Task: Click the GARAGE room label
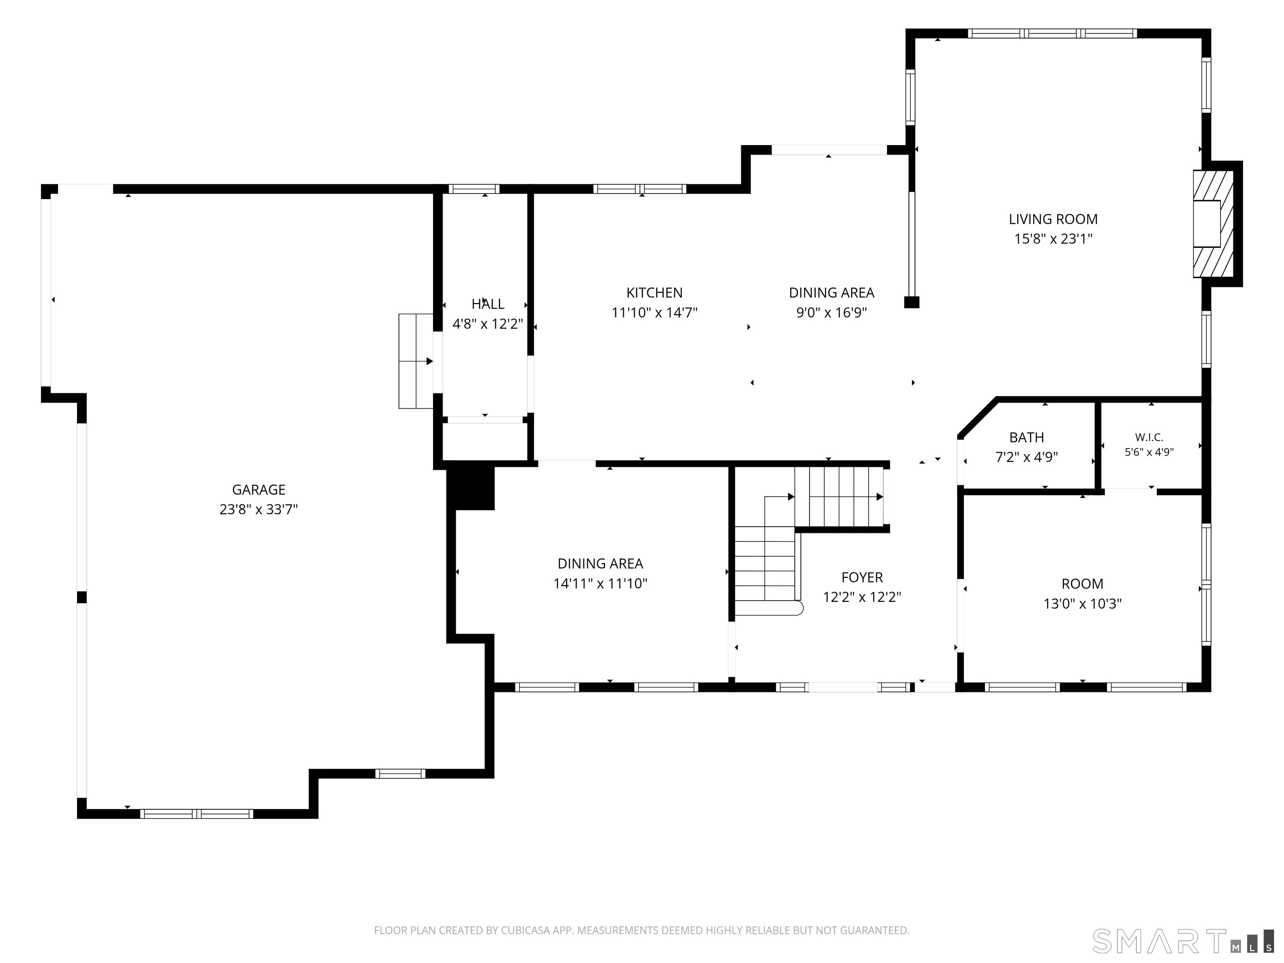pyautogui.click(x=259, y=490)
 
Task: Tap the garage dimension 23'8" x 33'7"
pyautogui.click(x=259, y=510)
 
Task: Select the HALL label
pyautogui.click(x=488, y=303)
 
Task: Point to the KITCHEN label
pyautogui.click(x=654, y=293)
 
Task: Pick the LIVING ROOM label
pyautogui.click(x=1053, y=219)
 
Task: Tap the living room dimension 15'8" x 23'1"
pyautogui.click(x=1053, y=239)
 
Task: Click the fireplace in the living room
pyautogui.click(x=1213, y=224)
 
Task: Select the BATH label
pyautogui.click(x=1026, y=438)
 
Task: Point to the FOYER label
pyautogui.click(x=862, y=578)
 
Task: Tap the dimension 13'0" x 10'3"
pyautogui.click(x=1082, y=604)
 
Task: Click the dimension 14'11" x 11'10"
pyautogui.click(x=600, y=583)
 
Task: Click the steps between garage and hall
pyautogui.click(x=415, y=361)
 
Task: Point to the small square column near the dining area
pyautogui.click(x=911, y=302)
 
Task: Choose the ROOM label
pyautogui.click(x=1082, y=584)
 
